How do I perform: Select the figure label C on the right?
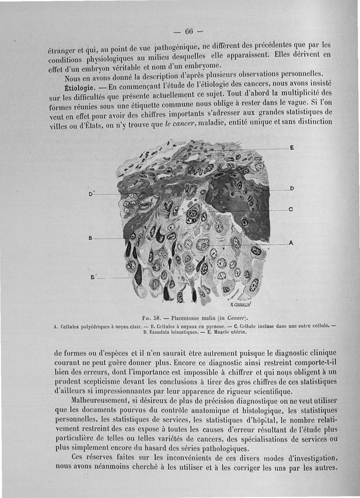(291, 209)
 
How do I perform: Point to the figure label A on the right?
(291, 243)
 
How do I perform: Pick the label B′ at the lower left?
(94, 277)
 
